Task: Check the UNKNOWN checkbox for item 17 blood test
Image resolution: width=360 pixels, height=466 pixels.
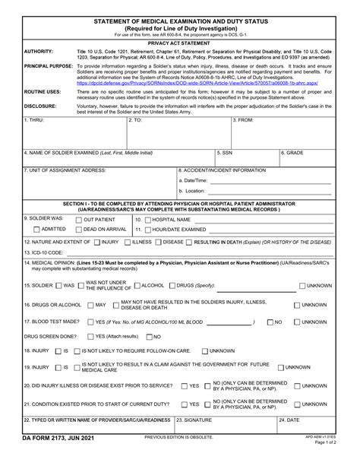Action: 297,322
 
